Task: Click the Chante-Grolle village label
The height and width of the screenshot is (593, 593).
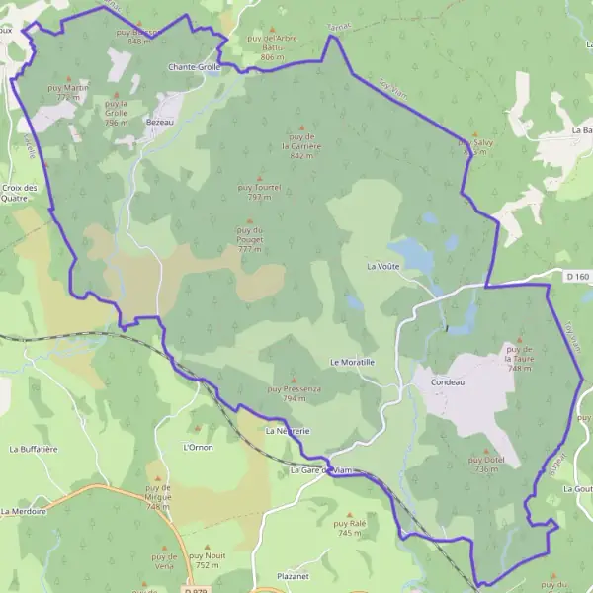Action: (x=195, y=67)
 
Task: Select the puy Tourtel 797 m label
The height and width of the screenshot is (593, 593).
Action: (x=260, y=191)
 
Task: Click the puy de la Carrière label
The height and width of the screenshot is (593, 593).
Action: (x=301, y=144)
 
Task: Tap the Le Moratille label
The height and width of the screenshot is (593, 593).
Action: (x=352, y=363)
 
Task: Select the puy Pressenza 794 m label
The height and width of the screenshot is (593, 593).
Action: (x=294, y=394)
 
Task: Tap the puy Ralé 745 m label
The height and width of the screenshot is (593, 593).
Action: (x=349, y=528)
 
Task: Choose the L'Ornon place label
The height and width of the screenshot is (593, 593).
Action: (x=198, y=447)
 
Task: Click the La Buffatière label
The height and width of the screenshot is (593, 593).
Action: (x=34, y=449)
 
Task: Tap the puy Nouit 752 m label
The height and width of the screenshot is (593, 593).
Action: (x=208, y=560)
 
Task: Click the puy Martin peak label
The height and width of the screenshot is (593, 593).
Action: (x=68, y=92)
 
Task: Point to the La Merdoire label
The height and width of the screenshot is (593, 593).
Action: (x=24, y=511)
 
